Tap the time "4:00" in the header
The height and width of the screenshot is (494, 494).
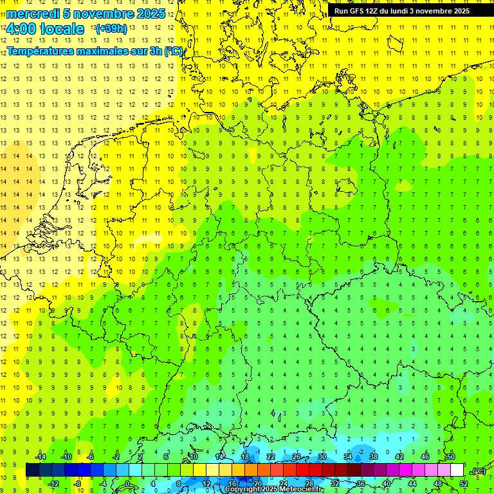click(x=21, y=29)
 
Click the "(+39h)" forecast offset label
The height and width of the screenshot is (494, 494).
click(x=111, y=29)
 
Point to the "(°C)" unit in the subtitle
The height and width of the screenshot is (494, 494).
click(x=173, y=51)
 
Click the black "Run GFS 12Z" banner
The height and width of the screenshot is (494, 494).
click(x=401, y=11)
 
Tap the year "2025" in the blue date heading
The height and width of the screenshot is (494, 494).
click(x=150, y=14)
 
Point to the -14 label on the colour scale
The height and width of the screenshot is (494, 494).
click(x=40, y=457)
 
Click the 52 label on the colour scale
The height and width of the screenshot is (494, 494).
click(x=463, y=483)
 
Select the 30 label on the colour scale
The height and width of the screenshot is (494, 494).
click(x=322, y=457)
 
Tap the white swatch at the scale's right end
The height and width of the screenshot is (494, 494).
click(x=457, y=470)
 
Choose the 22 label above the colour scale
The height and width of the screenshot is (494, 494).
click(x=271, y=457)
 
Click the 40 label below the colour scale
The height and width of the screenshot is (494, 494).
click(x=387, y=483)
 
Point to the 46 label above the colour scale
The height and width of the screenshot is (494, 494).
click(x=425, y=457)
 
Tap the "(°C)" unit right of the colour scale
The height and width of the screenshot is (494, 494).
click(x=478, y=471)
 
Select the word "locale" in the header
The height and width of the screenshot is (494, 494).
click(x=63, y=29)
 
